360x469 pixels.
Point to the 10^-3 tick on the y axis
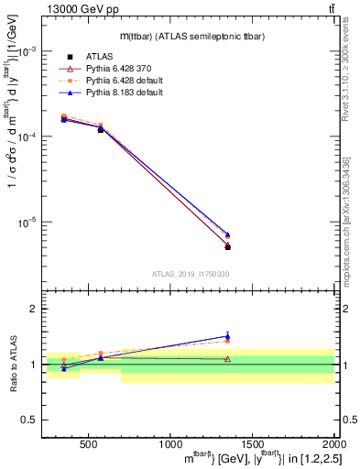(x=29, y=51)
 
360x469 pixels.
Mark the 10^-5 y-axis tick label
(x=29, y=222)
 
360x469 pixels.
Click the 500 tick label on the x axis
(x=89, y=443)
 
